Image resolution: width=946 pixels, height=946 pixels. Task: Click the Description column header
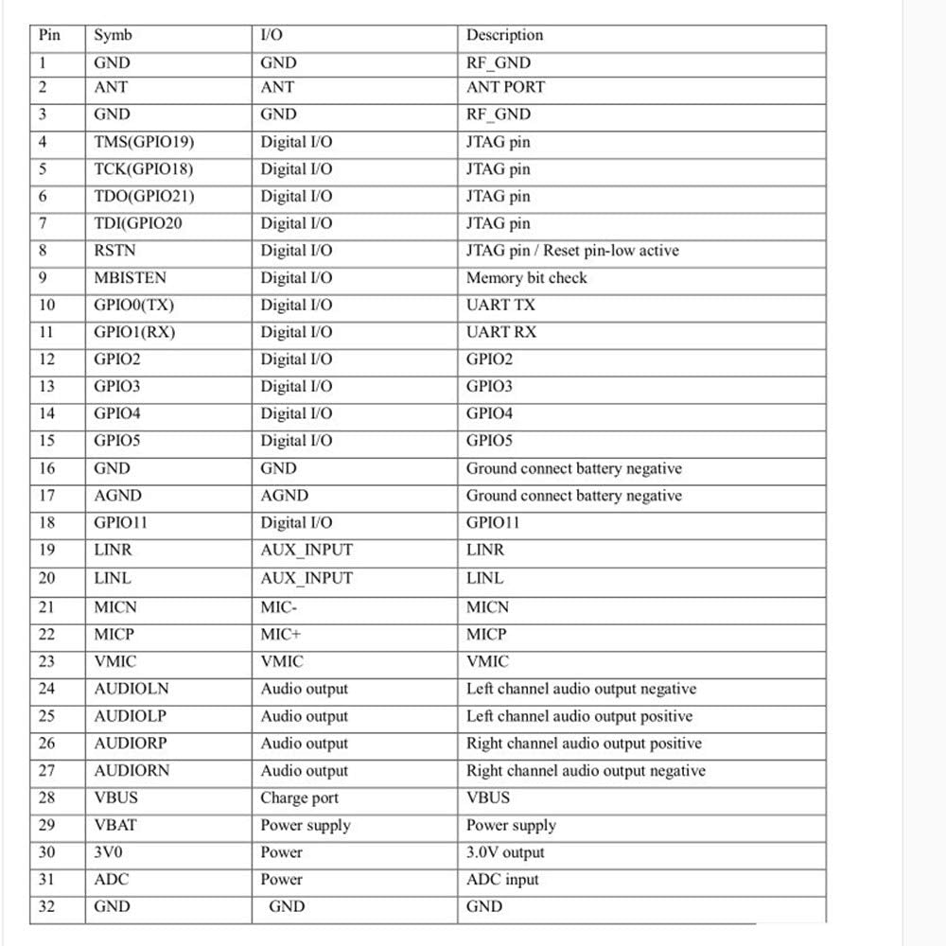(x=504, y=35)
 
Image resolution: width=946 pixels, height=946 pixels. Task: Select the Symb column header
(x=113, y=35)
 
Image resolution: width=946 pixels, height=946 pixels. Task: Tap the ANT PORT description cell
(x=505, y=87)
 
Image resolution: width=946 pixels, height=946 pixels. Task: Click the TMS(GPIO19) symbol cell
(x=144, y=142)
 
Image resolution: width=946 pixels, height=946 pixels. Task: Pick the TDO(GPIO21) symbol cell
(x=145, y=197)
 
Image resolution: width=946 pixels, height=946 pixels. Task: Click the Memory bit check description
(x=526, y=278)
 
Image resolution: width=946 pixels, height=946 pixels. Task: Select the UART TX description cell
(x=500, y=305)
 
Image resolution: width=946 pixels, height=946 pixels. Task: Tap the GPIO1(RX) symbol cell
(x=134, y=332)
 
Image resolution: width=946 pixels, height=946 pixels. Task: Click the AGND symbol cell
(x=117, y=495)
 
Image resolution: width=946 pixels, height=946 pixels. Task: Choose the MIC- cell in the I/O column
(x=278, y=607)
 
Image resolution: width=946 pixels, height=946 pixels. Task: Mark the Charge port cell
(x=299, y=797)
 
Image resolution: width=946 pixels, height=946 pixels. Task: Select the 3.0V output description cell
(x=505, y=852)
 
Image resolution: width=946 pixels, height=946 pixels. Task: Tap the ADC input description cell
(x=502, y=880)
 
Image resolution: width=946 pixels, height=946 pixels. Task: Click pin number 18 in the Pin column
(x=46, y=522)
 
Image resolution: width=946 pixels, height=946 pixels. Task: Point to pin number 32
(x=46, y=906)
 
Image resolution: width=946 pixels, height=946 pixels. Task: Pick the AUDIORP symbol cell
(x=130, y=744)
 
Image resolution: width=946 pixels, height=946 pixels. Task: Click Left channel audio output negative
(x=581, y=689)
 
